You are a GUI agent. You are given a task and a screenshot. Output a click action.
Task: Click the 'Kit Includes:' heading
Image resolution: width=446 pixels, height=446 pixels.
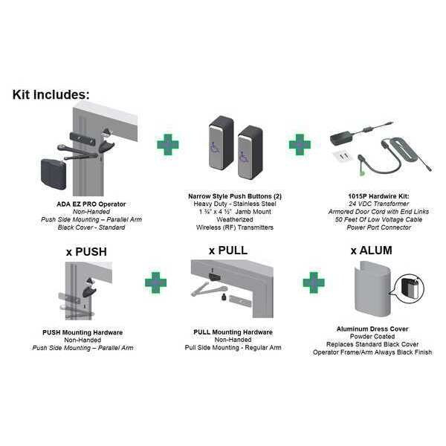[51, 94]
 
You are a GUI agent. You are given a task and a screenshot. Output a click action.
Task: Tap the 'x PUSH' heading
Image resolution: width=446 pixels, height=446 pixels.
[86, 252]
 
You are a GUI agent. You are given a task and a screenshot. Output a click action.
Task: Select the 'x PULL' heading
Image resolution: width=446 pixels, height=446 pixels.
[228, 251]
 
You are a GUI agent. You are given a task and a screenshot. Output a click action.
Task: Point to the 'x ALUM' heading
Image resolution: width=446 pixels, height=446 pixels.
[371, 251]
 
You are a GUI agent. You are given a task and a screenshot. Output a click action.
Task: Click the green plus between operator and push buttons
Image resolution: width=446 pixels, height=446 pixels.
[168, 144]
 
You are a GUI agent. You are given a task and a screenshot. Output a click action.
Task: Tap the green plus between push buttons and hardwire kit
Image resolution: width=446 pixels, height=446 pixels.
[300, 144]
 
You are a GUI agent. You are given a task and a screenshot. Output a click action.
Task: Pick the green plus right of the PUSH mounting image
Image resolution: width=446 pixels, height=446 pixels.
[155, 282]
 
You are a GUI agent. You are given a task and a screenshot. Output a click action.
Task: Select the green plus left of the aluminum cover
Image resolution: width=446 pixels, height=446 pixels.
[314, 282]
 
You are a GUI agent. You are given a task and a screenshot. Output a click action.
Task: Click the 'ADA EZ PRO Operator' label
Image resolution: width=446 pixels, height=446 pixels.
[91, 204]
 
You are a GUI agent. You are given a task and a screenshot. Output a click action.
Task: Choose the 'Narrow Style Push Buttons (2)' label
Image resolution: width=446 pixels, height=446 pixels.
[235, 196]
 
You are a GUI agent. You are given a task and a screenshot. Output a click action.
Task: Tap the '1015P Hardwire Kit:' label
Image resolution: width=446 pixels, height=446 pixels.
[378, 196]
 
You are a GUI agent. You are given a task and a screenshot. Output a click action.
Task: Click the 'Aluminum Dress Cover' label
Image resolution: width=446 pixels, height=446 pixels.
[372, 329]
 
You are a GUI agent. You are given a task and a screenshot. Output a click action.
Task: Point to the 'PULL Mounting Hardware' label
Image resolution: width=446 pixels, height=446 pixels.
[233, 332]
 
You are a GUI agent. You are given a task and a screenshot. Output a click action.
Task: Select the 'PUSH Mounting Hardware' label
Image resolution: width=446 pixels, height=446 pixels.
[83, 332]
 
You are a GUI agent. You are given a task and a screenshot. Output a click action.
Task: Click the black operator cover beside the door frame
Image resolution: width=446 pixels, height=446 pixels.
[54, 175]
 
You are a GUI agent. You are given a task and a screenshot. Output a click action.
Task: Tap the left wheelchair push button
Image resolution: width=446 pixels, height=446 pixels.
[221, 146]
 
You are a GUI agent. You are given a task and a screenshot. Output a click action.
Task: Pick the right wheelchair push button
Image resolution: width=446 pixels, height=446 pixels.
[250, 152]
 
